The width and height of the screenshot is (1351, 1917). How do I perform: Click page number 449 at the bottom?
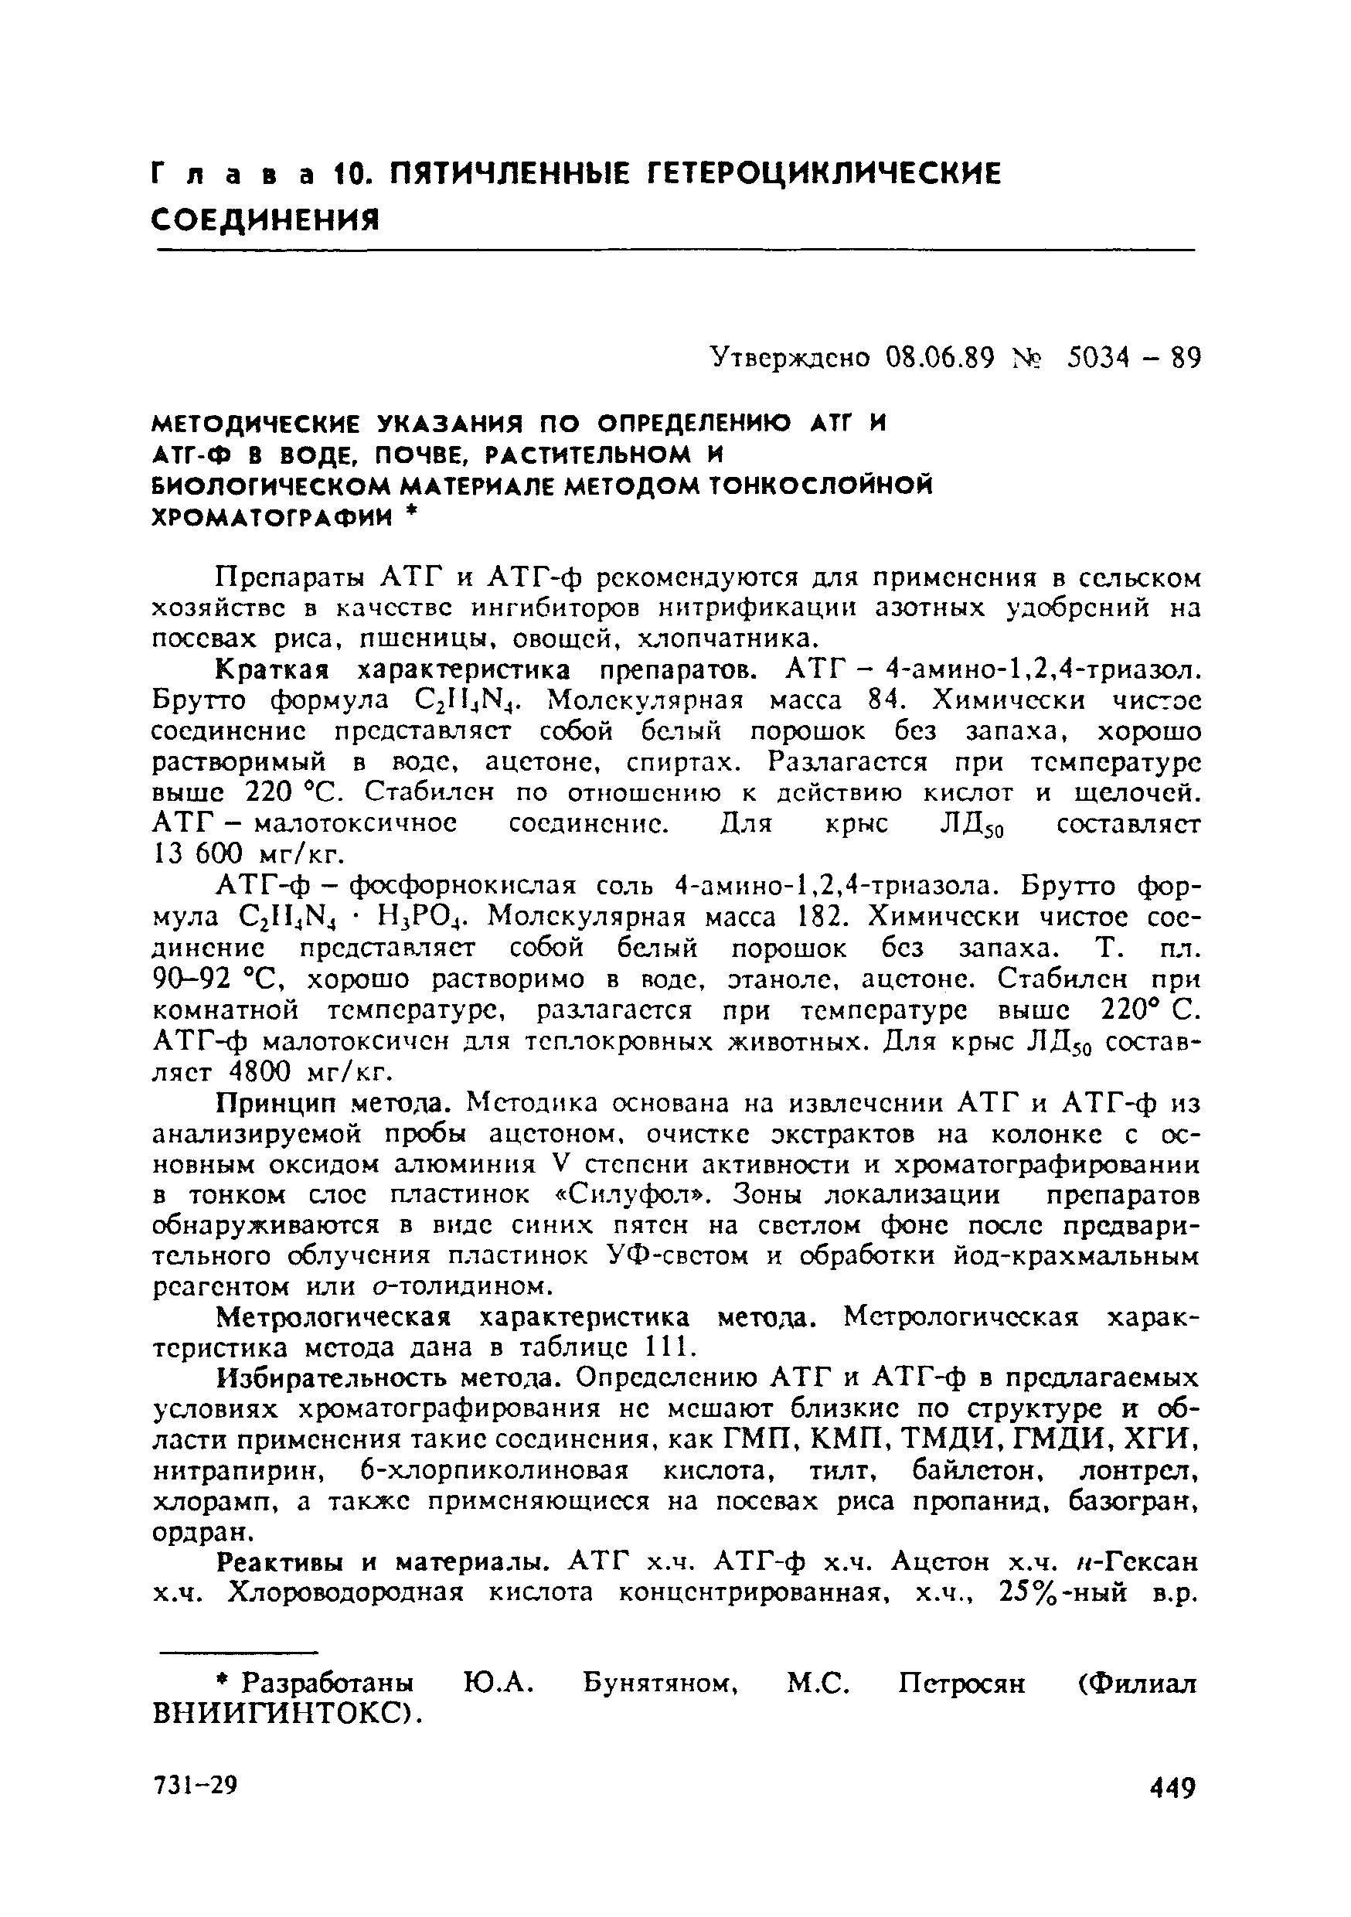click(x=1172, y=1789)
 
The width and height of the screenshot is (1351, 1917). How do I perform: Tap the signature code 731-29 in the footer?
click(x=197, y=1785)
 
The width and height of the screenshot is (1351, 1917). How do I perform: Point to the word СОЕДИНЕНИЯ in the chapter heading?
click(x=266, y=220)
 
